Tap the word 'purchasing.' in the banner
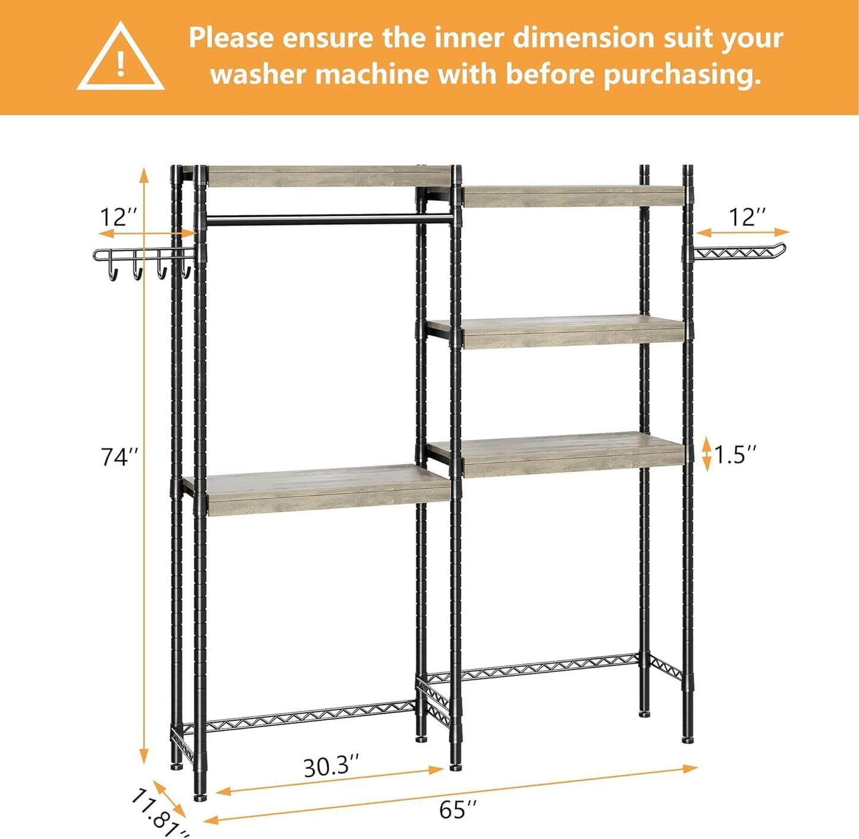682,75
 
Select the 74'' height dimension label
119,457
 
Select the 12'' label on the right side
747,217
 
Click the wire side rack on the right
740,253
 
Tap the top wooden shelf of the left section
327,176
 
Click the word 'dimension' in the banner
582,38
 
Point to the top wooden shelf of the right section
571,196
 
